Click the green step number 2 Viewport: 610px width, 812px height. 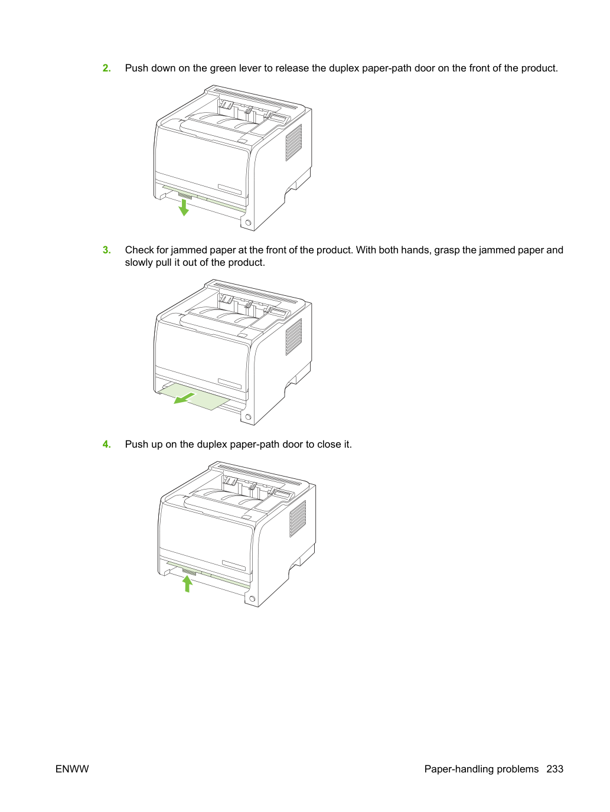point(106,68)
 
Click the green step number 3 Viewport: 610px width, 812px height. point(106,250)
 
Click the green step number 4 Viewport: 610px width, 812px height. point(106,444)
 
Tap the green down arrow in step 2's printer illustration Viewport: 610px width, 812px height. point(184,208)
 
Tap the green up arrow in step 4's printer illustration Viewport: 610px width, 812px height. point(188,583)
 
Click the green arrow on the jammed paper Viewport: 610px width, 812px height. point(184,399)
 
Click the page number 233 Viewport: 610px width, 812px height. point(555,769)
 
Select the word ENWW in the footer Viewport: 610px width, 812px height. point(72,769)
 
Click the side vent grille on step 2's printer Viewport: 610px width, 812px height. point(293,142)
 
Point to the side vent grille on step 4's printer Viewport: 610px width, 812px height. point(298,518)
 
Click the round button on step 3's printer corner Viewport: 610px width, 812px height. point(248,417)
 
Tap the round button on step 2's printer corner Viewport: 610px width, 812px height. point(248,223)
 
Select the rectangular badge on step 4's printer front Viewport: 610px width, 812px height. point(234,565)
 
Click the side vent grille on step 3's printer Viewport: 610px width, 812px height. point(293,337)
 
